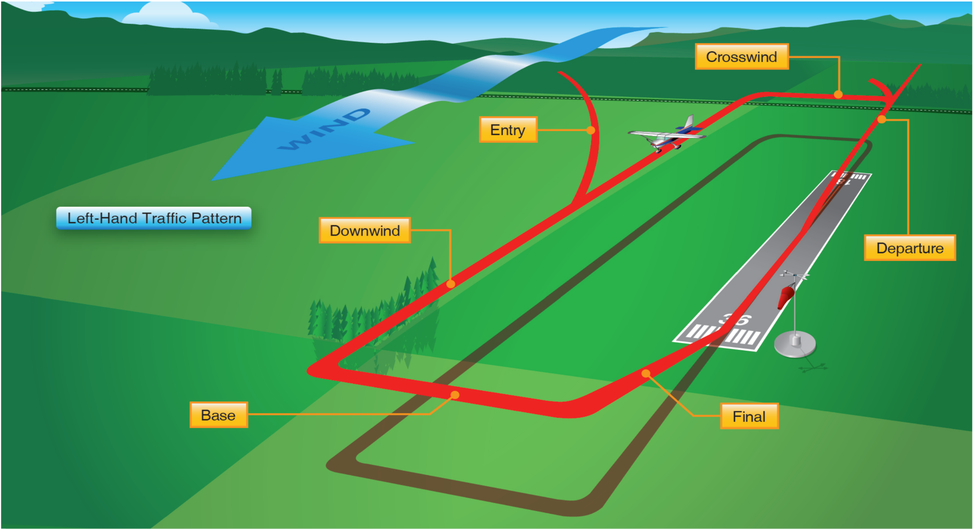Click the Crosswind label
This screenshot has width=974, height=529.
(742, 56)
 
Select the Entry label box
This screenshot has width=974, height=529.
(508, 129)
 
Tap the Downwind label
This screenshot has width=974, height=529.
(365, 230)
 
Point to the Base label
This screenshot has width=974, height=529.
(219, 415)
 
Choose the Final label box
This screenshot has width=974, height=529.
(749, 416)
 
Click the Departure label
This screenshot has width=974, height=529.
(910, 248)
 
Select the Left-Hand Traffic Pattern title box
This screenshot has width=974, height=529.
(154, 218)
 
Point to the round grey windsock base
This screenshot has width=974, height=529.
(795, 344)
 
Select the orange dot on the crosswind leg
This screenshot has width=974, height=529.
(838, 94)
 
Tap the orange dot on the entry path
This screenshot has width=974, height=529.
(590, 130)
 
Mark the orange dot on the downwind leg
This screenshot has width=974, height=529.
(450, 284)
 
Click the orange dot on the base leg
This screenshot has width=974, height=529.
(455, 395)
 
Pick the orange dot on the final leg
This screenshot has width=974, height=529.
(646, 374)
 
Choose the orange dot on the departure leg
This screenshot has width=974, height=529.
(882, 119)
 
